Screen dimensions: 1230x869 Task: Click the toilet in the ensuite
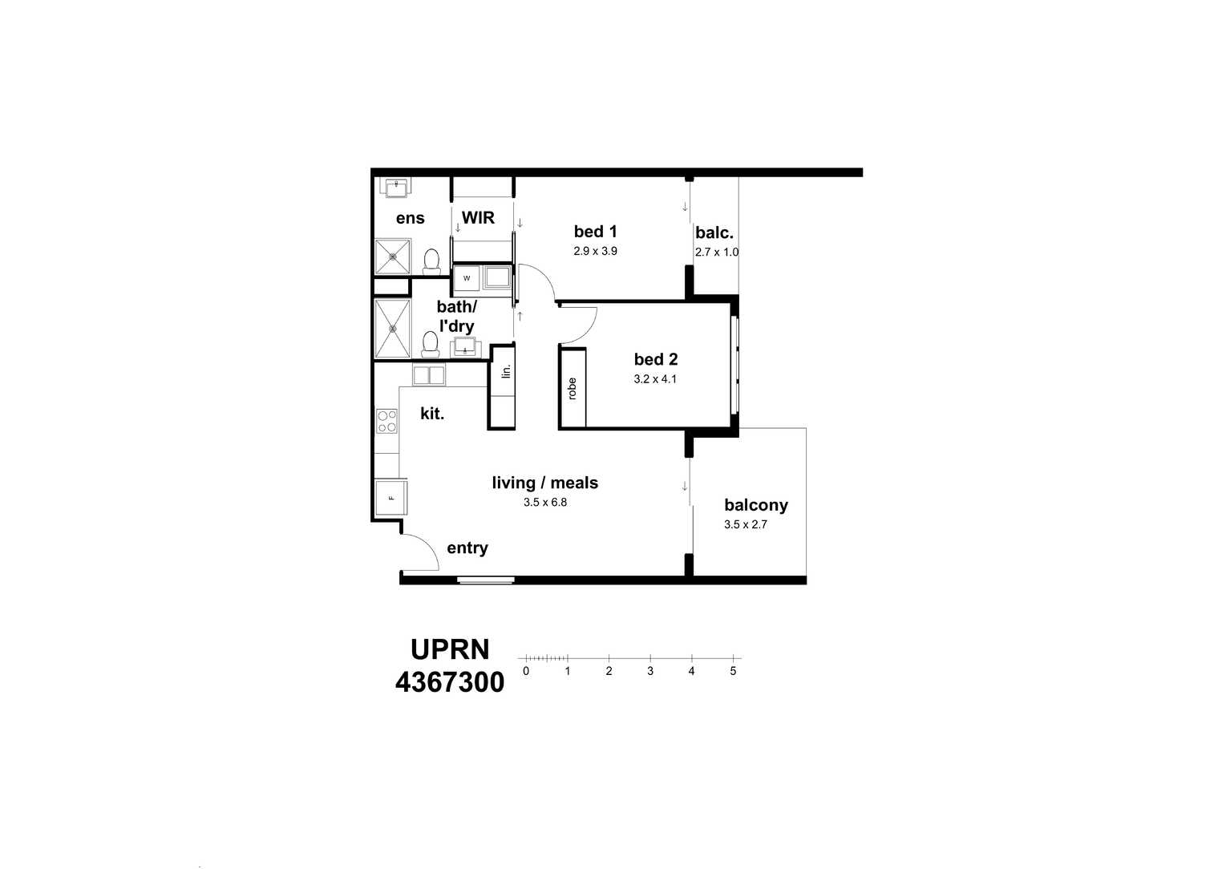pyautogui.click(x=431, y=261)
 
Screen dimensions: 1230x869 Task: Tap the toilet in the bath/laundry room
pyautogui.click(x=430, y=344)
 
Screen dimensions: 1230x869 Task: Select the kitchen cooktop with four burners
pyautogui.click(x=386, y=421)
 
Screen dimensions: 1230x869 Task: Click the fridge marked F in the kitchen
pyautogui.click(x=391, y=497)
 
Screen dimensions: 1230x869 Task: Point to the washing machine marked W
pyautogui.click(x=466, y=277)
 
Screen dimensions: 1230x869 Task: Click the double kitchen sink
pyautogui.click(x=429, y=375)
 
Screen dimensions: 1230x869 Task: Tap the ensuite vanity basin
pyautogui.click(x=395, y=188)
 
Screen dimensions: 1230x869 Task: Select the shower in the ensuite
pyautogui.click(x=393, y=257)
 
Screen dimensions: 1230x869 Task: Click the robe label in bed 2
pyautogui.click(x=573, y=389)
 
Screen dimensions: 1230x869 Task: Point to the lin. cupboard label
pyautogui.click(x=506, y=371)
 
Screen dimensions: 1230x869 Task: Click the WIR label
pyautogui.click(x=478, y=217)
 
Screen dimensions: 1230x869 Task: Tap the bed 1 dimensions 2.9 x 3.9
pyautogui.click(x=595, y=251)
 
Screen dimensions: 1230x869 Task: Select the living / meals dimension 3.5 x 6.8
pyautogui.click(x=544, y=502)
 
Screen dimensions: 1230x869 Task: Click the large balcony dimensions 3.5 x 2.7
pyautogui.click(x=745, y=524)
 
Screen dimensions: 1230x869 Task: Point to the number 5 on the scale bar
pyautogui.click(x=733, y=671)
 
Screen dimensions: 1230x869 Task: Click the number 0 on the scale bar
pyautogui.click(x=526, y=671)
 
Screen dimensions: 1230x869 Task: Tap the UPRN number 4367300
pyautogui.click(x=450, y=682)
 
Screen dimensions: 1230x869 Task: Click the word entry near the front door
pyautogui.click(x=467, y=548)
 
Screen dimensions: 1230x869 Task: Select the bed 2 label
pyautogui.click(x=656, y=359)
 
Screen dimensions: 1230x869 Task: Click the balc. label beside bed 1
pyautogui.click(x=714, y=232)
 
